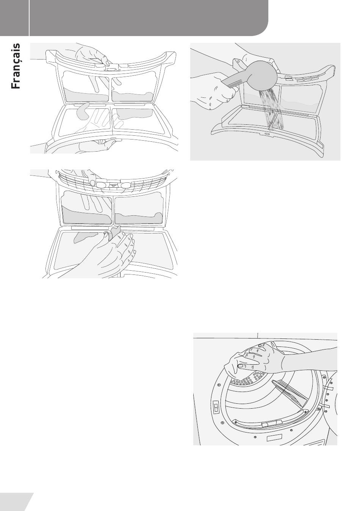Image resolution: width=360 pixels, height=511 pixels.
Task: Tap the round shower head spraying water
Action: tap(263, 76)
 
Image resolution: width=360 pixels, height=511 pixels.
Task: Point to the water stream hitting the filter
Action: tap(272, 109)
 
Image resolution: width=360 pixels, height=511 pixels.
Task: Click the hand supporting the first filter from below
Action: tap(96, 146)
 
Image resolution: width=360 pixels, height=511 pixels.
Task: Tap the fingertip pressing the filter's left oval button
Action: tap(92, 182)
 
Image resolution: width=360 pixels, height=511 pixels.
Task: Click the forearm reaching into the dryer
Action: tap(310, 361)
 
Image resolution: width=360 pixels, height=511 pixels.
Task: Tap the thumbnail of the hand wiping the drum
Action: tap(240, 366)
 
